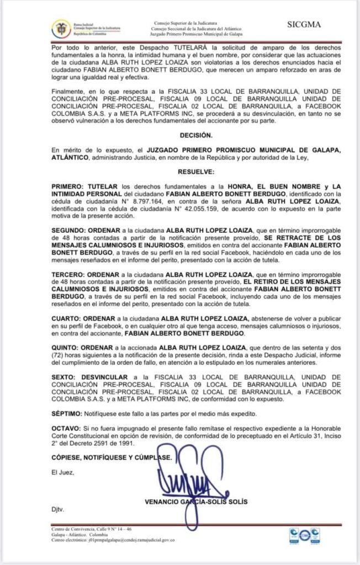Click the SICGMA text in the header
pos(304,24)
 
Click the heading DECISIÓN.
pos(195,134)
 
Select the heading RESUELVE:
pos(195,172)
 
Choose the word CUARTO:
pos(65,318)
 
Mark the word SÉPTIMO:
pos(65,413)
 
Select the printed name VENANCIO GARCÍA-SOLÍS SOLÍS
pos(196,502)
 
